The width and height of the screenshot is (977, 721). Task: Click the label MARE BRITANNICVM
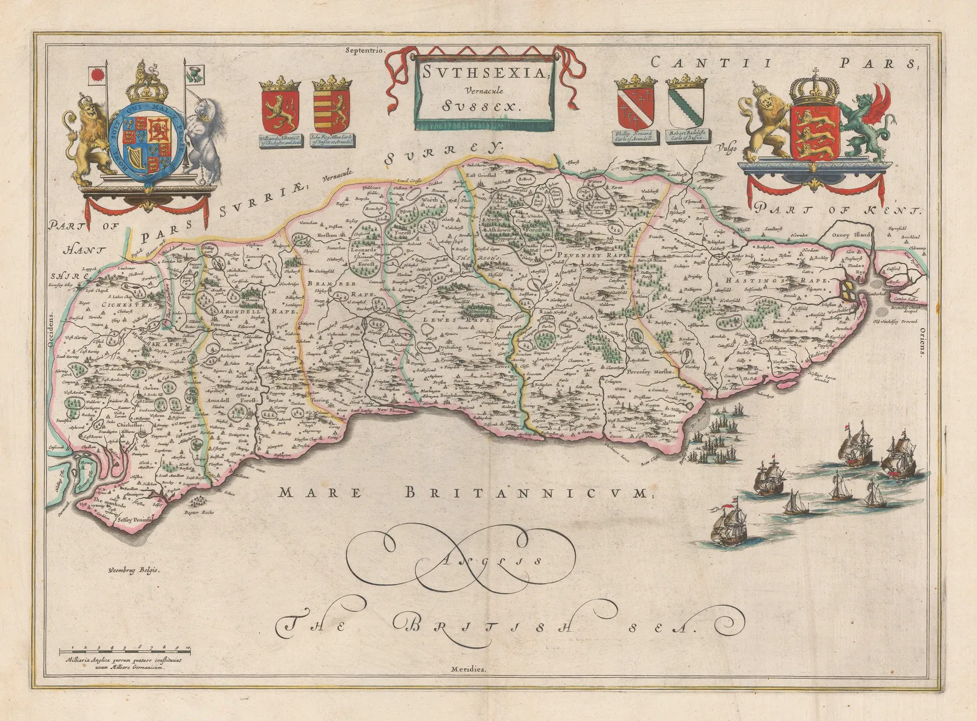(x=462, y=493)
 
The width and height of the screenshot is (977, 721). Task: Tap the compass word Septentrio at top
(x=363, y=51)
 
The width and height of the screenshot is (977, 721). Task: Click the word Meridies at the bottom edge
(x=469, y=669)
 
